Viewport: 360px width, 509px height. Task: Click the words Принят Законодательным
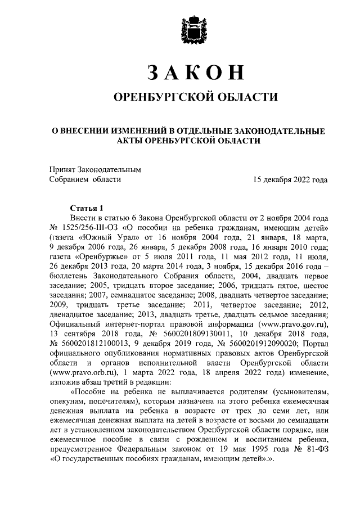click(94, 169)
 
